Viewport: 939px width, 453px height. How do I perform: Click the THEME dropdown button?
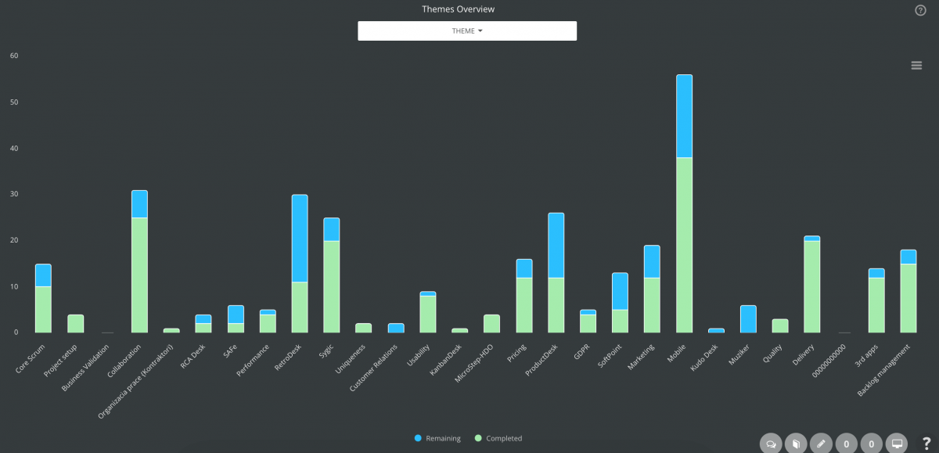coord(467,31)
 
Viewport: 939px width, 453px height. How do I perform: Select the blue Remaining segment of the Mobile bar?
coord(684,116)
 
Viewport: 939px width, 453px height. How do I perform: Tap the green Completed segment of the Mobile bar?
coord(684,244)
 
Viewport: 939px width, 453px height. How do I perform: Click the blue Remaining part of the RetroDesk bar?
coord(300,238)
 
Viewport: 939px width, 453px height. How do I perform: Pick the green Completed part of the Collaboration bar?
coord(139,275)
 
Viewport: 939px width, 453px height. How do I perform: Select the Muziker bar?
coord(748,318)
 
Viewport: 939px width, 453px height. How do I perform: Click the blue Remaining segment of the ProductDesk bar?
coord(556,245)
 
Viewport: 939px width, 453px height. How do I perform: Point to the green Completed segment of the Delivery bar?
coord(812,286)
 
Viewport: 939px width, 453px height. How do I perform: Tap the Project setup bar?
coord(75,323)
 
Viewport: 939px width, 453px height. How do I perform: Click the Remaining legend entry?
coord(438,438)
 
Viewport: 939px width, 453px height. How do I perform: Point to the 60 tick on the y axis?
coord(14,56)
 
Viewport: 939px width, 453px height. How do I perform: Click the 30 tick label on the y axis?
coord(14,194)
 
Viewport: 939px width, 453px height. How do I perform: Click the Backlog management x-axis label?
coord(892,361)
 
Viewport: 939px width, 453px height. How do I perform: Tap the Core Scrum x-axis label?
coord(32,355)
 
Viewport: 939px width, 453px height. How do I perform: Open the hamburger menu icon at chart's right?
coord(916,66)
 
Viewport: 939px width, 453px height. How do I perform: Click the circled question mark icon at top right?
coord(920,10)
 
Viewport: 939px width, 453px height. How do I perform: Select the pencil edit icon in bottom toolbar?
coord(821,444)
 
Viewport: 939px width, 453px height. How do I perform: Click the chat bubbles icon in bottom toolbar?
coord(771,444)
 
